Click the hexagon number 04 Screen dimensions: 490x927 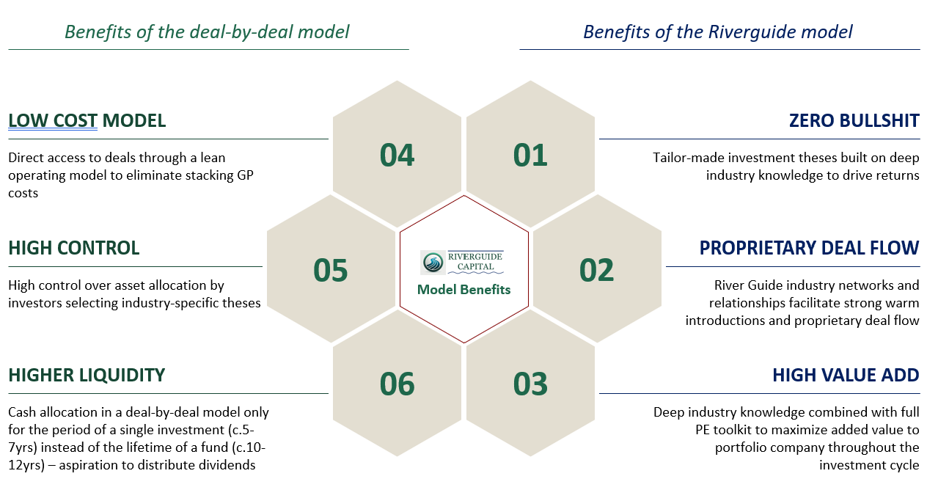(397, 155)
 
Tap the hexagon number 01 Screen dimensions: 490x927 (530, 155)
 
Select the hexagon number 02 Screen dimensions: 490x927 (596, 270)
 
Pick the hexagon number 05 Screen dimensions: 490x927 (330, 270)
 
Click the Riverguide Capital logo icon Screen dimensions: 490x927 (432, 262)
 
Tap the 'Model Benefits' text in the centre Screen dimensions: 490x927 (463, 290)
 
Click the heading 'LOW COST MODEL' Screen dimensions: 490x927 (87, 121)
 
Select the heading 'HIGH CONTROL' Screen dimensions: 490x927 (74, 248)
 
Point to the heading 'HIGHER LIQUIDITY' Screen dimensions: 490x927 (87, 376)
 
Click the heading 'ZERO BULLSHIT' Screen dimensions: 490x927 (854, 121)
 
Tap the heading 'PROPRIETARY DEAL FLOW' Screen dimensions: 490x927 (809, 248)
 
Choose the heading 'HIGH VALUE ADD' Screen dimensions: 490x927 (846, 376)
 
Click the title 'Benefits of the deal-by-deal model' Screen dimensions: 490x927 (207, 32)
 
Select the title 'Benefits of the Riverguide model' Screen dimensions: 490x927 (717, 32)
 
